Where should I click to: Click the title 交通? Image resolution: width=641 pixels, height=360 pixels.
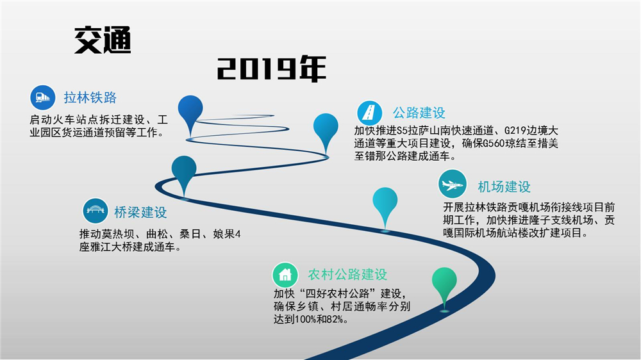[x=103, y=40]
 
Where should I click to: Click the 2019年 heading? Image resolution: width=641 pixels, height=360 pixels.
[x=271, y=69]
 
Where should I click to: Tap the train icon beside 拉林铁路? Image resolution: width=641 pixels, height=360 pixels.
[x=43, y=97]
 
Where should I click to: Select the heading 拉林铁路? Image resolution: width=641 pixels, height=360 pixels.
[x=90, y=97]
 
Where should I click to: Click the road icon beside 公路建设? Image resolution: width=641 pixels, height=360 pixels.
[x=370, y=113]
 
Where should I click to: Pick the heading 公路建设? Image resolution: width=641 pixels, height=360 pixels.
[x=419, y=113]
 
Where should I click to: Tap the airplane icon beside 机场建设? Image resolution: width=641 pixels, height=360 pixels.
[x=452, y=184]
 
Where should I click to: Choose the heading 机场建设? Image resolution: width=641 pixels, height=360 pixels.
[x=504, y=187]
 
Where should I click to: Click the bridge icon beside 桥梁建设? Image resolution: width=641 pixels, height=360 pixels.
[x=96, y=211]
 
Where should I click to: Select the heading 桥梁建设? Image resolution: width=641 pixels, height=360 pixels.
[x=140, y=213]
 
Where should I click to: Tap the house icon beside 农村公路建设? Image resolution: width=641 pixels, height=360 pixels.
[x=285, y=275]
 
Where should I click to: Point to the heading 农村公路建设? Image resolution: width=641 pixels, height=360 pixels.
[x=347, y=275]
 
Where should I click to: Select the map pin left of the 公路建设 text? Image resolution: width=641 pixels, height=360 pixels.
[x=326, y=131]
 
